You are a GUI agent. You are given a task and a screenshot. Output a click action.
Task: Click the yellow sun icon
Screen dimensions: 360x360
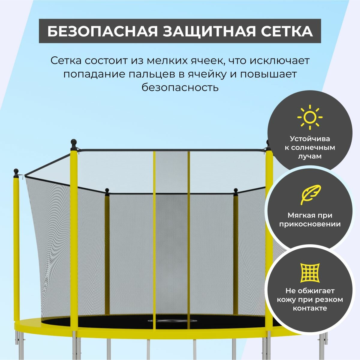(x=310, y=117)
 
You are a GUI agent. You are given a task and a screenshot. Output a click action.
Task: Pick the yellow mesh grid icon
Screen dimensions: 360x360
(x=310, y=273)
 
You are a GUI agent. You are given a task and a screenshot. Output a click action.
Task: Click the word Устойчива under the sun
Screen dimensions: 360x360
(x=310, y=139)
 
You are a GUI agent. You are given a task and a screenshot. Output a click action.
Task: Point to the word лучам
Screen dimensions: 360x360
(x=310, y=156)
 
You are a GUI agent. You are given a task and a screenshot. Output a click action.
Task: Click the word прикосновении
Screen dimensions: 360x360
(x=310, y=224)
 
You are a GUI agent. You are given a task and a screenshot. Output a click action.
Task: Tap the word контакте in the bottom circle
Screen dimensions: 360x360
(x=310, y=308)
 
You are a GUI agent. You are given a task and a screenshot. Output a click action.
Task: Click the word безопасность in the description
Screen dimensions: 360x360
(x=180, y=88)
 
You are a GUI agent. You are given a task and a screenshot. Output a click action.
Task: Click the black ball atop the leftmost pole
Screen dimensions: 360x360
(x=16, y=171)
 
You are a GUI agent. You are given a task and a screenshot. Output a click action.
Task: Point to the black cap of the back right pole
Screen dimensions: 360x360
(x=236, y=190)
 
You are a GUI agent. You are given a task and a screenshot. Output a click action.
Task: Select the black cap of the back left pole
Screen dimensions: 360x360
(x=107, y=190)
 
